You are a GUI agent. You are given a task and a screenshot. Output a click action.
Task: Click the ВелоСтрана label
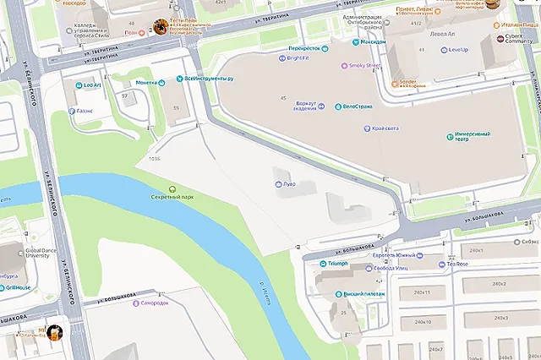pyautogui.click(x=358, y=106)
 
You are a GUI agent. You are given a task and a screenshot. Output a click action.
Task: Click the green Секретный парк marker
pyautogui.click(x=172, y=188)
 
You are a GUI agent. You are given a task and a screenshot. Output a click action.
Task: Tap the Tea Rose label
pyautogui.click(x=457, y=264)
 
